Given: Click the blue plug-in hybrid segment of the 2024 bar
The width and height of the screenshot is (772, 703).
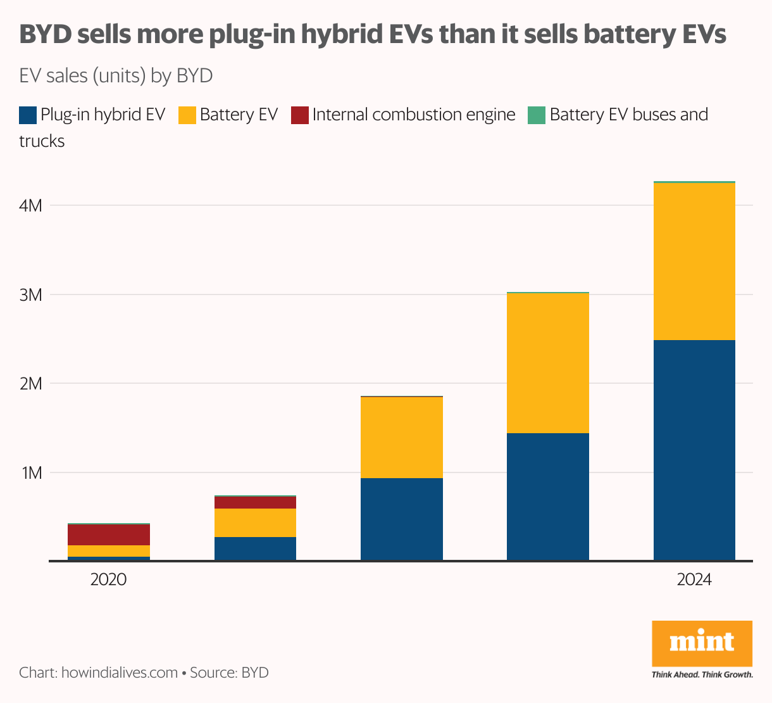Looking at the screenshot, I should (x=694, y=450).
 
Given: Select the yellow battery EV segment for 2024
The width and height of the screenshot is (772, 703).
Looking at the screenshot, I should (x=694, y=262).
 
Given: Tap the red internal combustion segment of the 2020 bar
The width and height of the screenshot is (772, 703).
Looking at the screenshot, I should (x=109, y=535).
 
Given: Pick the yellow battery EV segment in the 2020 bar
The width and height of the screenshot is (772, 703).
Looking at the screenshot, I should (x=109, y=551).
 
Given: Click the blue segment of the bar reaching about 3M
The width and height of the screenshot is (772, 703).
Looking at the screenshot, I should (x=548, y=497).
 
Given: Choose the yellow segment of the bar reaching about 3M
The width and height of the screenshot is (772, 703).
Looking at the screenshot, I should (x=548, y=363).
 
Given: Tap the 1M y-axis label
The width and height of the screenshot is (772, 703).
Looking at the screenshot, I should (x=32, y=473).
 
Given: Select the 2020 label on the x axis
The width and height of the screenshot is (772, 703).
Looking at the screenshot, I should (x=109, y=579).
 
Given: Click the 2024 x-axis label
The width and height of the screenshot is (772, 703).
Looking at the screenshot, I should (x=694, y=579).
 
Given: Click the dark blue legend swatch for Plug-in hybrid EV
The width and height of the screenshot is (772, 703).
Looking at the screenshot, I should (x=28, y=115).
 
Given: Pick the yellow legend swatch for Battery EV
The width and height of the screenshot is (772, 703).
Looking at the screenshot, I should (x=187, y=115).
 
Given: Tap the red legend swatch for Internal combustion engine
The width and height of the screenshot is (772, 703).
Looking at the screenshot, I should (x=300, y=115).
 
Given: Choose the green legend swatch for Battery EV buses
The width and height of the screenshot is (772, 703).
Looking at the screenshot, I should (x=537, y=115).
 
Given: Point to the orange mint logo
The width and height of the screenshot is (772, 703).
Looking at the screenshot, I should (x=702, y=643).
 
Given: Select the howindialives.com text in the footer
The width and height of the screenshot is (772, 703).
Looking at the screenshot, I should (x=119, y=673).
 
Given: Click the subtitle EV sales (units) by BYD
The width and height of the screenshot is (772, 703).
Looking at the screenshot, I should (x=116, y=76).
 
